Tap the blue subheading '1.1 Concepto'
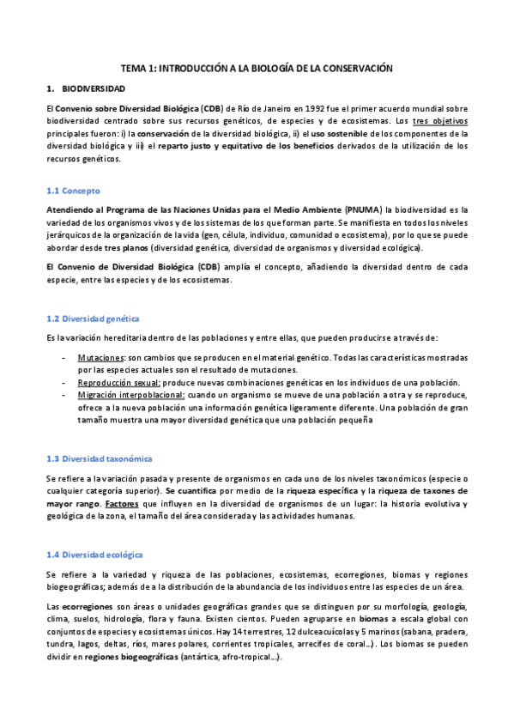(x=73, y=190)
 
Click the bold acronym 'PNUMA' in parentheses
(x=364, y=209)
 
